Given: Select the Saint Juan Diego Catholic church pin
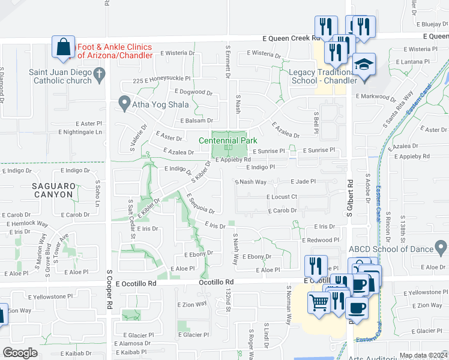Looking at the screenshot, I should [x=100, y=74].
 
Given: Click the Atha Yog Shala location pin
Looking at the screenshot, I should [x=124, y=103].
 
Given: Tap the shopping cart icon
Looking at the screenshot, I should [x=319, y=302].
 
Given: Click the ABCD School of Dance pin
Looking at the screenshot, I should [x=441, y=247].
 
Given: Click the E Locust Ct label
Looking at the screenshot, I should [x=282, y=197].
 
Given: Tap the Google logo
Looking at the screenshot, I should [x=20, y=353].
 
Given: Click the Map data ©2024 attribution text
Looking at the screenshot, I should [x=423, y=355].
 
